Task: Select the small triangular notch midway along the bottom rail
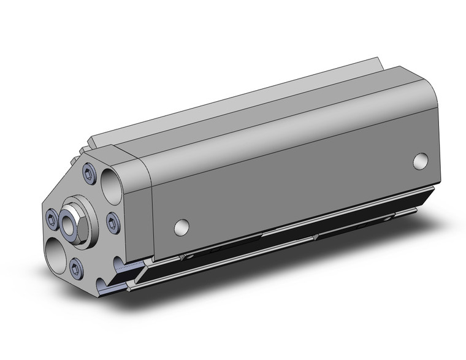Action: pyautogui.click(x=314, y=235)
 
